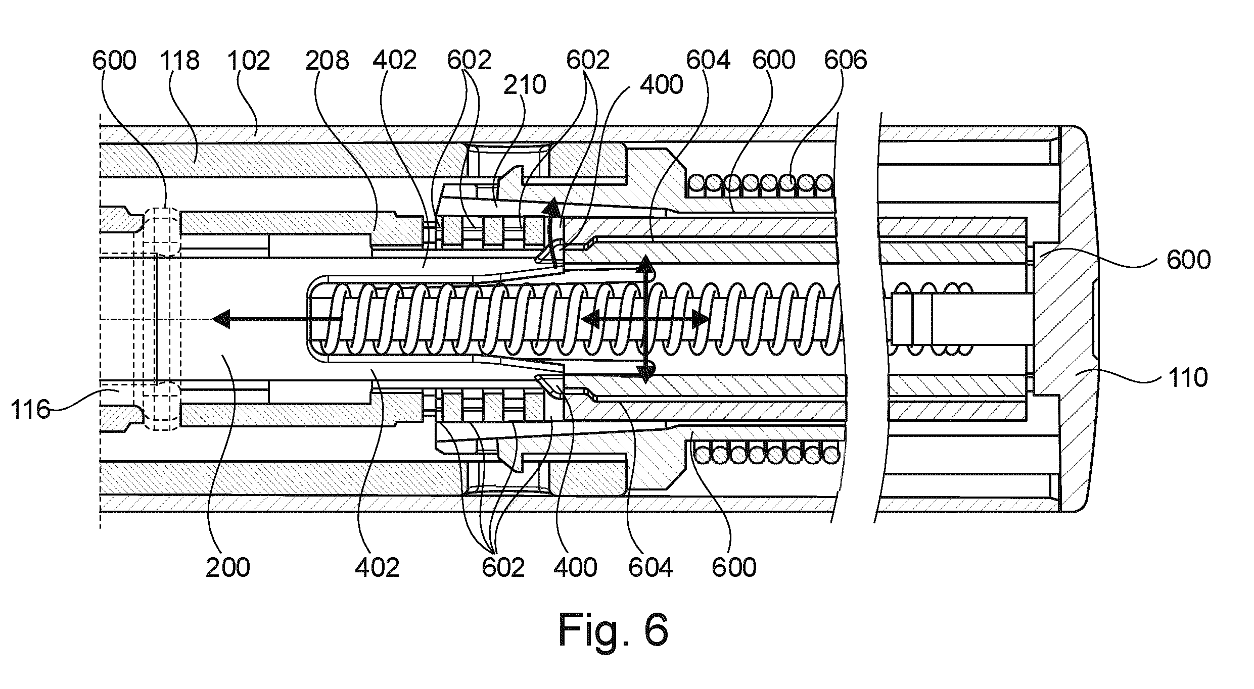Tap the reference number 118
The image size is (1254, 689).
point(180,61)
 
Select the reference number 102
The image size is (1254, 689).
point(248,61)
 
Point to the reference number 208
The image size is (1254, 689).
point(327,61)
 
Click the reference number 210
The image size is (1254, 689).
point(525,84)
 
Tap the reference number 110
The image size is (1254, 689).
point(1188,377)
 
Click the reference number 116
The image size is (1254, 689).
point(30,410)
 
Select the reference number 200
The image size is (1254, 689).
point(227,567)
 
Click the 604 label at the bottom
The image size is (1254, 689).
point(651,567)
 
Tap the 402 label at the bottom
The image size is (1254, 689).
point(377,567)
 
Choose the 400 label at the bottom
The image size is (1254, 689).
point(575,567)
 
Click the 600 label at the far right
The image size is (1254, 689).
point(1188,260)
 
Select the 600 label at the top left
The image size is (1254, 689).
point(114,61)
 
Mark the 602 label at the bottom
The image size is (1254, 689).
point(503,567)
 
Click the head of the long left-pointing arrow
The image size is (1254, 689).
point(219,319)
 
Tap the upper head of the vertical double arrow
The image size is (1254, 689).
point(646,263)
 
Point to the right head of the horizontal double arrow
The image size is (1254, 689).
point(701,319)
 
